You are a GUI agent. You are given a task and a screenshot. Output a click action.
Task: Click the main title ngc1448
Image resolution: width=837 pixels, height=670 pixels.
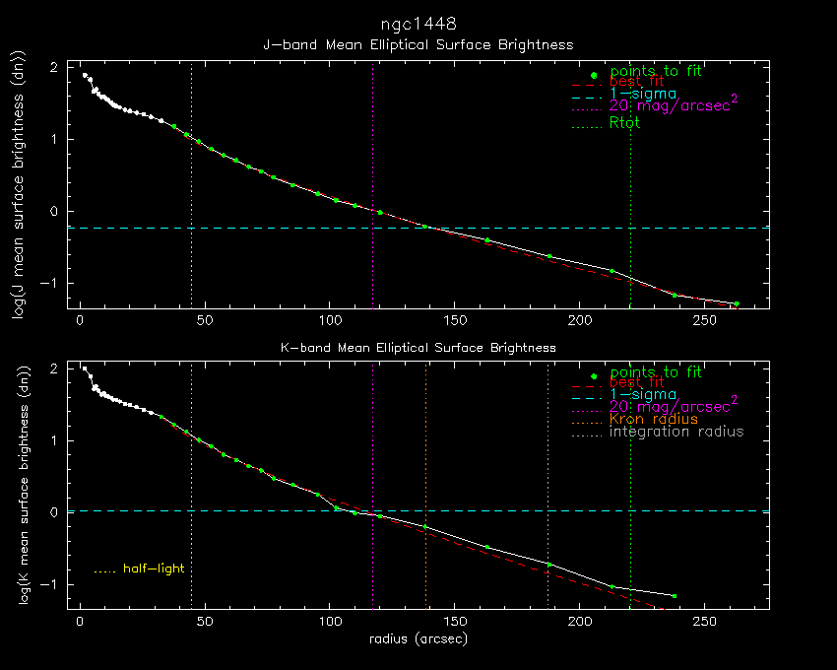(418, 23)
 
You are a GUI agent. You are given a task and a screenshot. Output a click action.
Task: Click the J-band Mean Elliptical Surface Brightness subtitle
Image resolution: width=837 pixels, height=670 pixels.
(418, 45)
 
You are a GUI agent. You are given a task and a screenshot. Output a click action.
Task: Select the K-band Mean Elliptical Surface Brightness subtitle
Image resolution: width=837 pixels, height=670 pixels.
(418, 348)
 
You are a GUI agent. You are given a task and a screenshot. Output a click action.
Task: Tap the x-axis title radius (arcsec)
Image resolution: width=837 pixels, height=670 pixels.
(418, 639)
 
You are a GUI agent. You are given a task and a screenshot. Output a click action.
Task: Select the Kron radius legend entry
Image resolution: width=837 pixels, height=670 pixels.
(654, 419)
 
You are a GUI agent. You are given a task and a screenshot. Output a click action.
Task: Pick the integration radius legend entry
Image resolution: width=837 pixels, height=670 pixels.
(676, 432)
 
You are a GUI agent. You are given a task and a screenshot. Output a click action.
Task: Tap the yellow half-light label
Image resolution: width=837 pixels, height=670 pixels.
(154, 569)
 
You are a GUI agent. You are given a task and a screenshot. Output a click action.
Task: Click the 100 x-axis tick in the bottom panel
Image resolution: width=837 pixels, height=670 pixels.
(330, 623)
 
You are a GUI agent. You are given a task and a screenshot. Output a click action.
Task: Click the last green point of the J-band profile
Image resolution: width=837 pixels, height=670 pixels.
(737, 303)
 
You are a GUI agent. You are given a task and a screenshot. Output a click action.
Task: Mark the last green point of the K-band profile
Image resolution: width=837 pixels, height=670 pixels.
(675, 596)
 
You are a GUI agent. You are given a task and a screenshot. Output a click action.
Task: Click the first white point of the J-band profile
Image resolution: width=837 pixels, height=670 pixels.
(86, 75)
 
